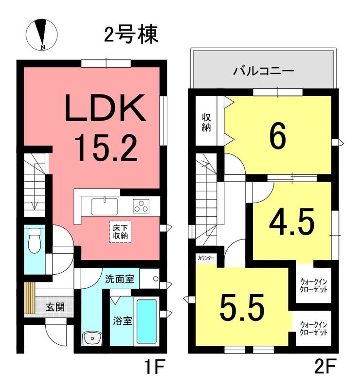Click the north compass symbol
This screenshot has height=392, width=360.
coord(42,34)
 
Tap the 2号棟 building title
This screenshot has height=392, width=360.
coord(131,35)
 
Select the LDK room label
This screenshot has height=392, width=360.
coord(105,108)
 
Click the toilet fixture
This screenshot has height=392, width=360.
coord(35,240)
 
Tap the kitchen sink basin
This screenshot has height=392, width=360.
coord(105,206)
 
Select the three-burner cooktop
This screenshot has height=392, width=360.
coord(141,206)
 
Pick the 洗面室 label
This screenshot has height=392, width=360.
coord(120,279)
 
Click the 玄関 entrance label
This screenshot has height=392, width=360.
coord(55,307)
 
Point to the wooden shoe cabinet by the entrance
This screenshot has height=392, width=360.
coord(30,298)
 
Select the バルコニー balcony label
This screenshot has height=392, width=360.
coord(264,71)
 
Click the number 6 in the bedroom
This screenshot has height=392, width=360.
coord(278,136)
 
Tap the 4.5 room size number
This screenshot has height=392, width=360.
coord(291,222)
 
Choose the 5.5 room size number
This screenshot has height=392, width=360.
coord(242,306)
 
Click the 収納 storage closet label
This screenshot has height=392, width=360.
coord(206,123)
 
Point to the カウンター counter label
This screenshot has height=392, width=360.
coord(206,258)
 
